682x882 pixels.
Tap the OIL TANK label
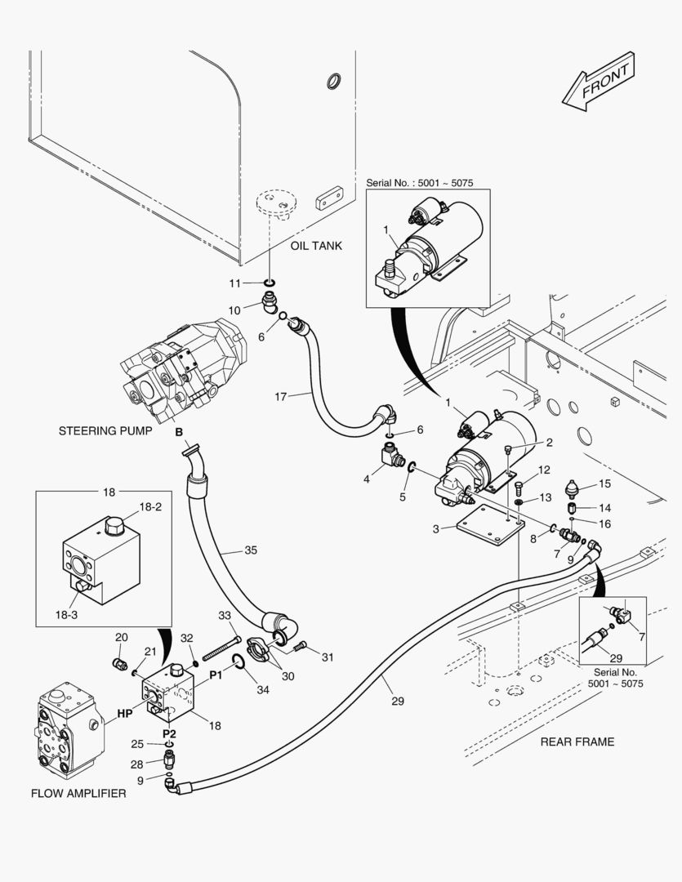coord(316,246)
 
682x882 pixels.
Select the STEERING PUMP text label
coord(105,430)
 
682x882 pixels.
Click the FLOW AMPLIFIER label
coord(78,793)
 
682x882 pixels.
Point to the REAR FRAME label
coord(577,742)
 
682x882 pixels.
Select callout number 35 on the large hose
coord(250,550)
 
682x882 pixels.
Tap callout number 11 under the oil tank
coord(235,283)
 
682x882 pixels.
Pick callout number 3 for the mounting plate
coord(438,528)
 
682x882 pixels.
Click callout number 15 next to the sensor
coord(605,483)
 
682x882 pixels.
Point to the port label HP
coord(124,713)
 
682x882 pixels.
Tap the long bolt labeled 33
coord(221,645)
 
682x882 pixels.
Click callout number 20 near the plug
coord(121,638)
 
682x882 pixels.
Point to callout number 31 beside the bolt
coord(328,657)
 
